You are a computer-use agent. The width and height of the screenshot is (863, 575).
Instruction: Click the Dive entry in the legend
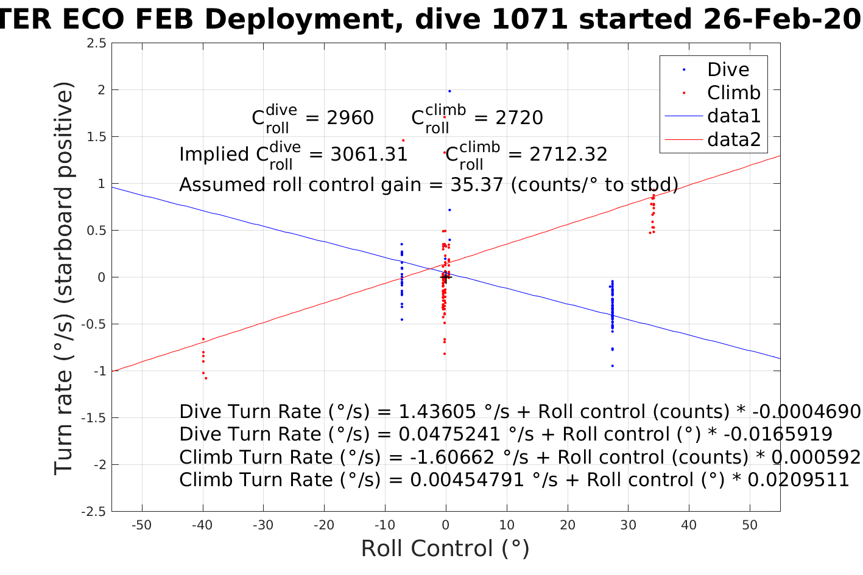pyautogui.click(x=728, y=70)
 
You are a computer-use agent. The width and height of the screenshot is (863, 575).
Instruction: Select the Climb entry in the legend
pyautogui.click(x=733, y=93)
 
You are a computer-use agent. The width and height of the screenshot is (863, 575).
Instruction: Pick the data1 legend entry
pyautogui.click(x=733, y=116)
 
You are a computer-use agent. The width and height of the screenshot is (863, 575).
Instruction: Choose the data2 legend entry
pyautogui.click(x=733, y=140)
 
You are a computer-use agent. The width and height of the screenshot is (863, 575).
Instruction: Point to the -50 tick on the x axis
pyautogui.click(x=141, y=525)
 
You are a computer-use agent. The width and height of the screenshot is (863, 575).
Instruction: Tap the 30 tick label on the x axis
pyautogui.click(x=628, y=525)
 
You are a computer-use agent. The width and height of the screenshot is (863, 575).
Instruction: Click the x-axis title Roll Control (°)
pyautogui.click(x=445, y=549)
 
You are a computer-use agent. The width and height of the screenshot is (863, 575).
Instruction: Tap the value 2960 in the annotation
pyautogui.click(x=350, y=118)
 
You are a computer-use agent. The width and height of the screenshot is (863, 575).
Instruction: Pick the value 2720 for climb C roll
pyautogui.click(x=519, y=118)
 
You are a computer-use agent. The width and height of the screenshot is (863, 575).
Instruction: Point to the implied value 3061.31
pyautogui.click(x=368, y=155)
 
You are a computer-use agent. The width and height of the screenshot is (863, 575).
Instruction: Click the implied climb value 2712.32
pyautogui.click(x=568, y=155)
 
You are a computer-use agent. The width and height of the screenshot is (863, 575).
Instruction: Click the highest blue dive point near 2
pyautogui.click(x=449, y=91)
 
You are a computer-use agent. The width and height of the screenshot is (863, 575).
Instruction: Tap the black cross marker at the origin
pyautogui.click(x=445, y=277)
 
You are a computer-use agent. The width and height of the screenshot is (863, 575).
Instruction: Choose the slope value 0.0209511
pyautogui.click(x=798, y=480)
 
